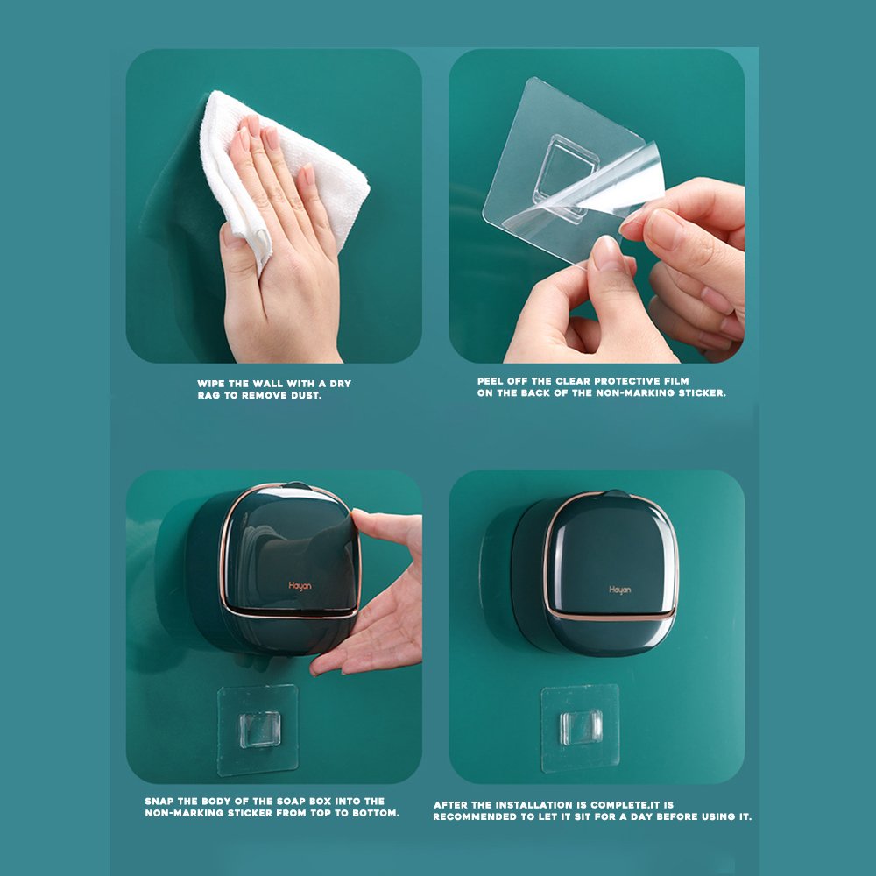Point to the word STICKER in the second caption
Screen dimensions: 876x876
pyautogui.click(x=702, y=392)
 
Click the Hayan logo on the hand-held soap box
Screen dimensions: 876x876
pyautogui.click(x=300, y=585)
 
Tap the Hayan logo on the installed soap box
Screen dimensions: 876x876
pyautogui.click(x=619, y=590)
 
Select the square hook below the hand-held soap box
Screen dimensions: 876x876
pyautogui.click(x=260, y=730)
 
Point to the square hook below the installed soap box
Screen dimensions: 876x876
pyautogui.click(x=581, y=727)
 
